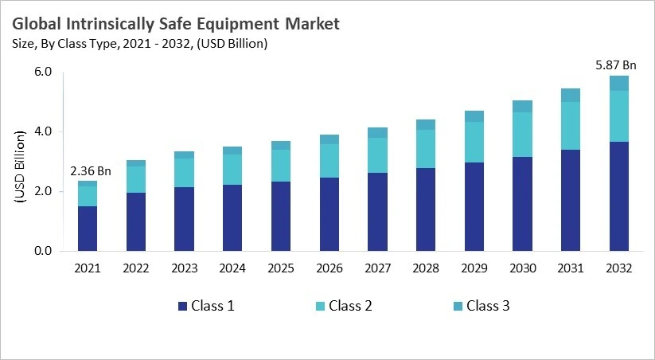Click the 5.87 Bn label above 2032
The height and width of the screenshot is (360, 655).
[618, 64]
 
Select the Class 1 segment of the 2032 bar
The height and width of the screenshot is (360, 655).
[618, 196]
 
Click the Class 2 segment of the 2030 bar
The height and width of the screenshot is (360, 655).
[522, 135]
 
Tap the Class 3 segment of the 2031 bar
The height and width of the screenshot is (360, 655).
[571, 95]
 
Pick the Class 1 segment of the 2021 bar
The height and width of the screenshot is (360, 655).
[88, 229]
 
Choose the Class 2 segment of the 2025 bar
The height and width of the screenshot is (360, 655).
[280, 166]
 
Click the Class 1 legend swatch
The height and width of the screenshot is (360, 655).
[183, 306]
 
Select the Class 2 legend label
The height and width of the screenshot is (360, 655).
[350, 306]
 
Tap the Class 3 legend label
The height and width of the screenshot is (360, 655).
[487, 306]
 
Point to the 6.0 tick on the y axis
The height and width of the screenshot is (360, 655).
[43, 72]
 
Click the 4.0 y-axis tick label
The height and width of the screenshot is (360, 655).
[43, 131]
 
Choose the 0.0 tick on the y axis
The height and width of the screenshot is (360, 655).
[43, 252]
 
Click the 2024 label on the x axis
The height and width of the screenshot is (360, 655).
[232, 269]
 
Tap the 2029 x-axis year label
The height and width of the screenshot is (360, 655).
[474, 269]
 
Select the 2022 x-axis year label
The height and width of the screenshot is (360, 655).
[136, 269]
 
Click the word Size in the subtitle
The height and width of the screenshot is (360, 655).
[23, 45]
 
